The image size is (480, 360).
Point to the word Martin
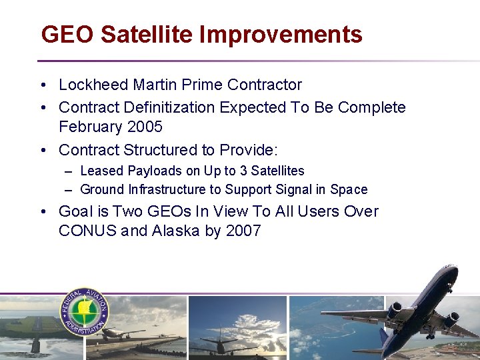(155, 85)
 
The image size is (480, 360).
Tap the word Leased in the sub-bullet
(101, 171)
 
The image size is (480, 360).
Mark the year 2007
(243, 231)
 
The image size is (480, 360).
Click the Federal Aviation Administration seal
(85, 311)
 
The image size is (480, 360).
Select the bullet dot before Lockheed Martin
(43, 85)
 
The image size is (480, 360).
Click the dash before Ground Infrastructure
(69, 189)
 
